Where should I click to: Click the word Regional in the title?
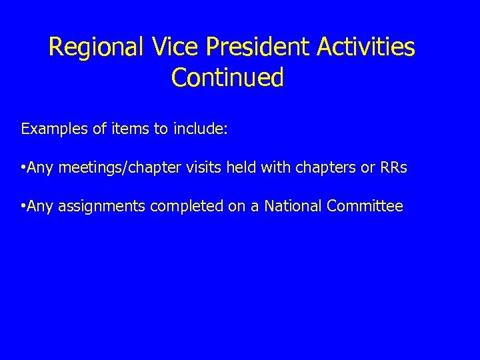[87, 48]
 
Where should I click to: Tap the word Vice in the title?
[165, 48]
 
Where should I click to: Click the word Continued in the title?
[227, 78]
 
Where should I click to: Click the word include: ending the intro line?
[200, 129]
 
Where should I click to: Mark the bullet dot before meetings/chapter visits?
[23, 168]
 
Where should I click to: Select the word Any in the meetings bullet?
[40, 168]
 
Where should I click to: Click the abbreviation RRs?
[393, 168]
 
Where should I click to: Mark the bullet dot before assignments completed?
[23, 207]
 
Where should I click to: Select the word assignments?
[101, 207]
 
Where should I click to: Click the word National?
[293, 207]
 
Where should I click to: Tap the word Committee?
[365, 207]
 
